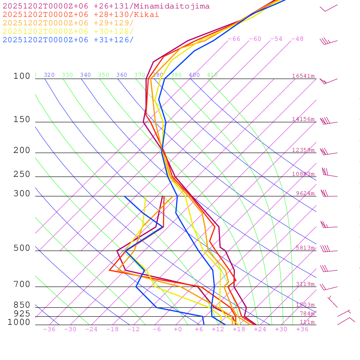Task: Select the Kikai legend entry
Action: [81, 15]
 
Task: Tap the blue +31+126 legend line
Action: [68, 40]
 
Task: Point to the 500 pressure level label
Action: [22, 248]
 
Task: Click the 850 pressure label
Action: [22, 305]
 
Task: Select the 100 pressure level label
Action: [22, 76]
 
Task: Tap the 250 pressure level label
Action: [22, 174]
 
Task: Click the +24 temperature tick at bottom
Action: [260, 329]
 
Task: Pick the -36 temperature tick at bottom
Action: [49, 329]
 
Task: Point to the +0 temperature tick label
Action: [178, 329]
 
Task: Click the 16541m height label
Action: [303, 76]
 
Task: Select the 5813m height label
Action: [305, 248]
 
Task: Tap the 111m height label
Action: [307, 322]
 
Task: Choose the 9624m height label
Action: [305, 193]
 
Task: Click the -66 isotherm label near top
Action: [234, 39]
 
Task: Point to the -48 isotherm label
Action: [297, 39]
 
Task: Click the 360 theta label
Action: [122, 75]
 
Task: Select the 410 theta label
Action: [212, 75]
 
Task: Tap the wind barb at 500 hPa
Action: [328, 250]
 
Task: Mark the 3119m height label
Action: [305, 284]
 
